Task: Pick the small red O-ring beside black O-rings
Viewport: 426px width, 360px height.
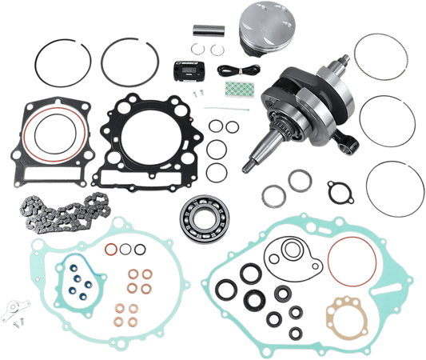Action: click(111, 250)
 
